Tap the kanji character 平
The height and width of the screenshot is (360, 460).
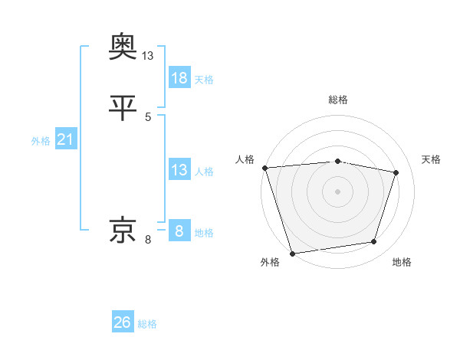tap(123, 108)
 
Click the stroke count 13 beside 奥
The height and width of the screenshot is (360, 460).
tap(148, 56)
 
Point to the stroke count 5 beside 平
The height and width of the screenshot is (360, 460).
tap(148, 117)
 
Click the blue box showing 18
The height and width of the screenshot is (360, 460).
tap(179, 77)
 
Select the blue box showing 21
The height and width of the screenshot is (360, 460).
tap(66, 139)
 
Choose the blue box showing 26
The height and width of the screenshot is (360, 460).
tap(123, 322)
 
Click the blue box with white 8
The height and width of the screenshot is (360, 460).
tap(179, 231)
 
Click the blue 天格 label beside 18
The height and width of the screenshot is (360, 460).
tap(204, 80)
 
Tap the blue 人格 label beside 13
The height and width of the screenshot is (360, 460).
tap(204, 172)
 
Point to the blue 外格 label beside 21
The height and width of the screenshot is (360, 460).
tap(41, 141)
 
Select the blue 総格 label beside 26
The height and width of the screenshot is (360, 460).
tap(147, 324)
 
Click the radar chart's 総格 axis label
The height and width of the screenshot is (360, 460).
tap(338, 100)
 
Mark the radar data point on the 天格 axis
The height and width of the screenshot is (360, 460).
tap(396, 172)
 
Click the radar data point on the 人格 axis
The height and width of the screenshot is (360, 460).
tap(264, 168)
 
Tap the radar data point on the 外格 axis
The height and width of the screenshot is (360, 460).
tap(292, 253)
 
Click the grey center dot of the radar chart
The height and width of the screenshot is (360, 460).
tap(337, 191)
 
